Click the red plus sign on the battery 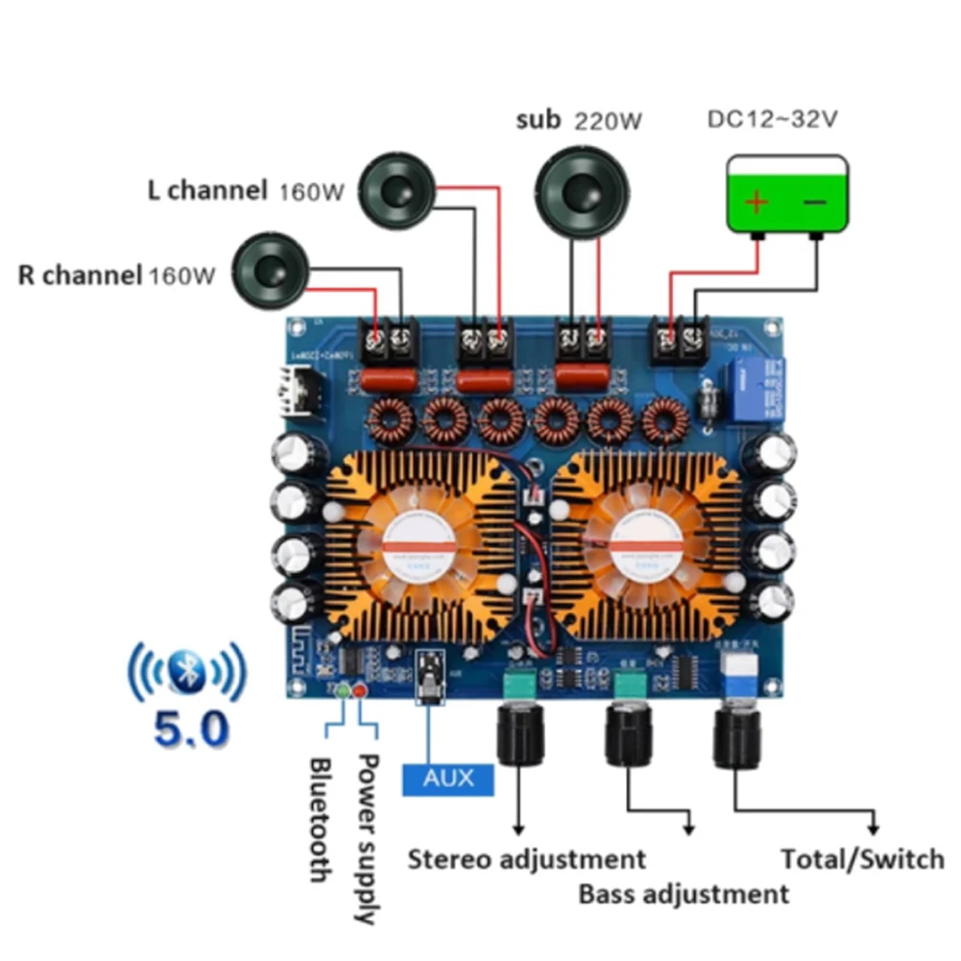tap(757, 203)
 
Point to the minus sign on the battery tap(814, 203)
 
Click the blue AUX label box tap(448, 777)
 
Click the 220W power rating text tap(608, 122)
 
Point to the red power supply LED tap(361, 690)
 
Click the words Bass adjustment tap(683, 895)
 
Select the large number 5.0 tap(191, 729)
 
